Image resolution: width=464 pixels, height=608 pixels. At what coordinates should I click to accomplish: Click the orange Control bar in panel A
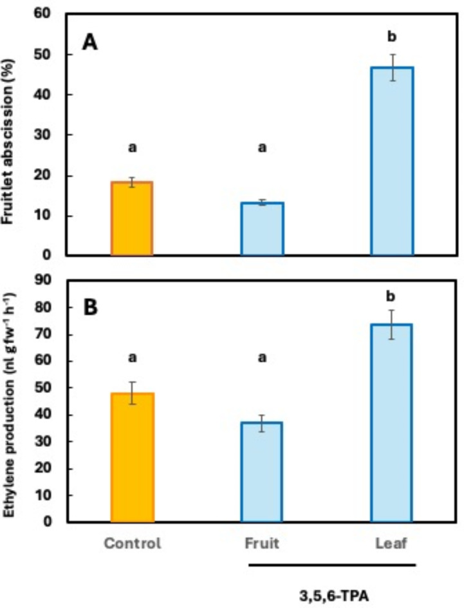tap(132, 219)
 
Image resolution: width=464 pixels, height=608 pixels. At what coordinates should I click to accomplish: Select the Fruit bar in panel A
tap(262, 229)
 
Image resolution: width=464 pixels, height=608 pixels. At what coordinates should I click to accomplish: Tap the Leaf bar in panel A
tap(392, 161)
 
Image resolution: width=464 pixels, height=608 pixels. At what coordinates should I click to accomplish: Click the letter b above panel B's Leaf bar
tap(392, 296)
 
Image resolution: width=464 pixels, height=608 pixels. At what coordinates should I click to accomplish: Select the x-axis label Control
tap(132, 543)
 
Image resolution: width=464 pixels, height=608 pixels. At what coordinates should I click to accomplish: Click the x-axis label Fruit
tap(262, 543)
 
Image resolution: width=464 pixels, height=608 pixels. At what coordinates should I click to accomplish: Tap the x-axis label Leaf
tap(392, 543)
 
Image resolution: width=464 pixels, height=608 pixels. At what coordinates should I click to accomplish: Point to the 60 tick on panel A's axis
tap(53, 14)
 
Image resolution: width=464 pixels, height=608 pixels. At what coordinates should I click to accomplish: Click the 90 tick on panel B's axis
tap(53, 281)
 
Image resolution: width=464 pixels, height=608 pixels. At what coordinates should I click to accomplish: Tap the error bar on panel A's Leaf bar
tap(392, 67)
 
